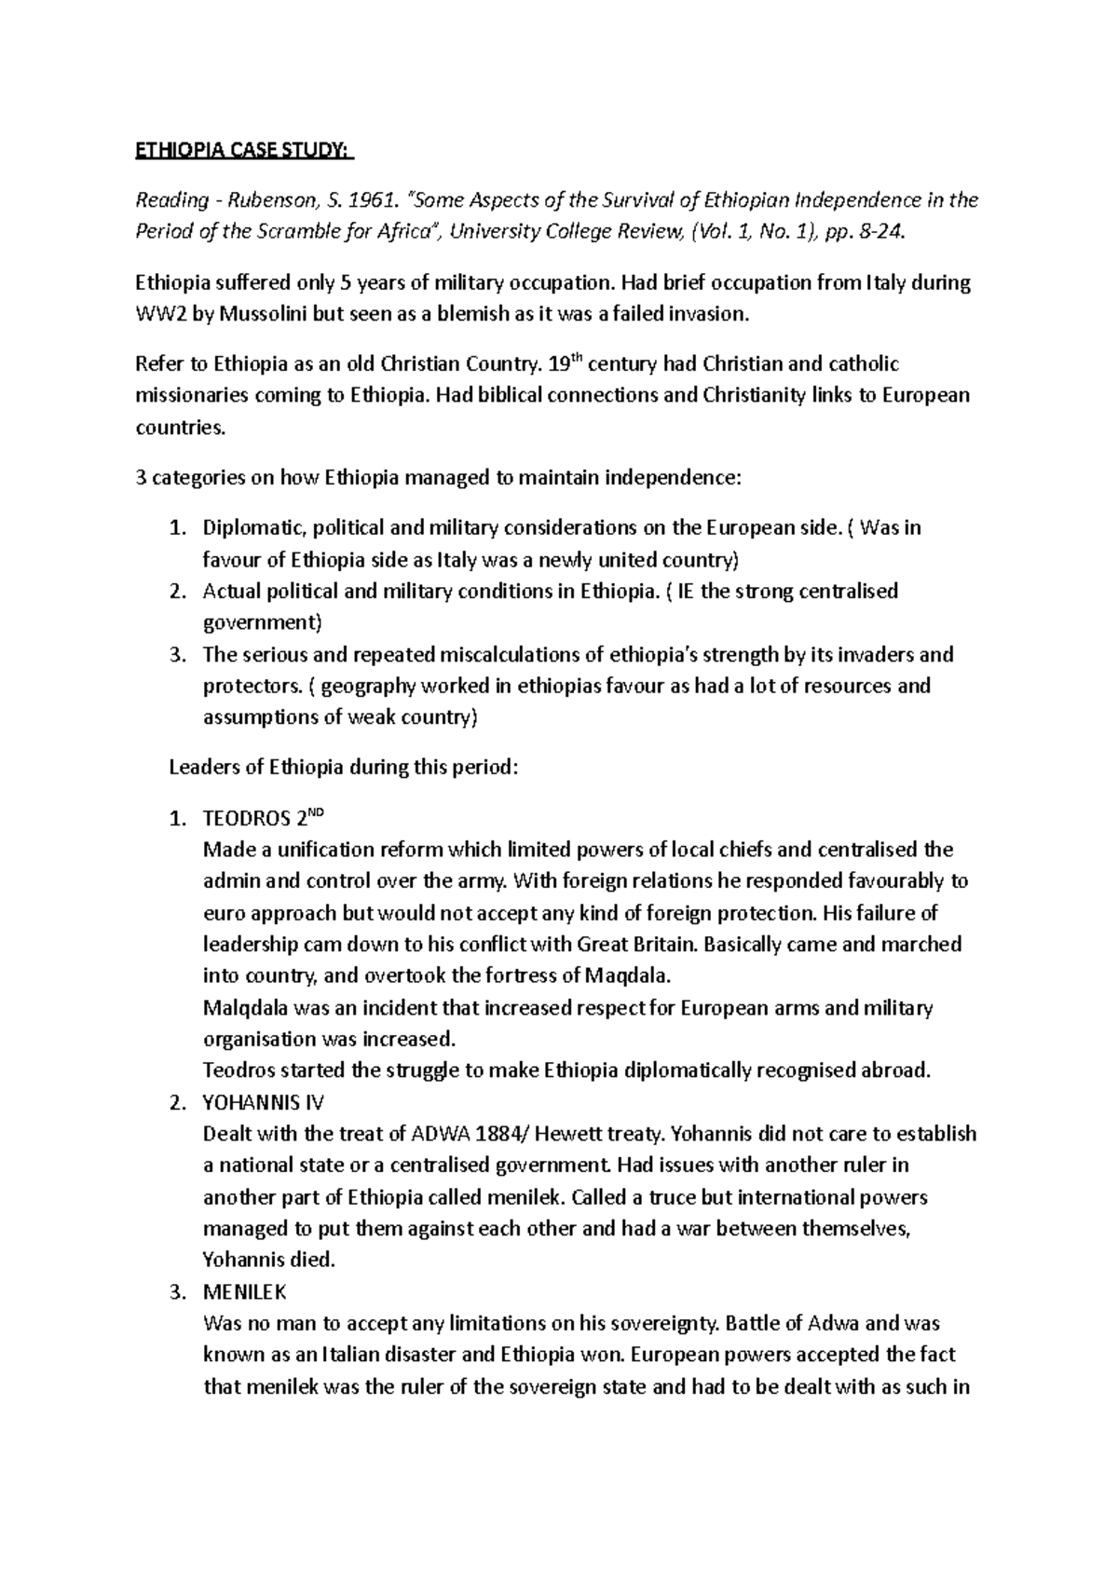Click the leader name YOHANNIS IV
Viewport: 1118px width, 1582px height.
pos(263,1102)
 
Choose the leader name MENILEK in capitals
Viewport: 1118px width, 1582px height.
pos(245,1292)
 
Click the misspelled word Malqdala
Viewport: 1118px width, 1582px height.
pos(245,1008)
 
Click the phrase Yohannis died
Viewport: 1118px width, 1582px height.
pos(267,1261)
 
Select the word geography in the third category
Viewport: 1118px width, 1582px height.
pos(368,687)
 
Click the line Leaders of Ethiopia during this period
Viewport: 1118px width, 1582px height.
pos(340,769)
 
